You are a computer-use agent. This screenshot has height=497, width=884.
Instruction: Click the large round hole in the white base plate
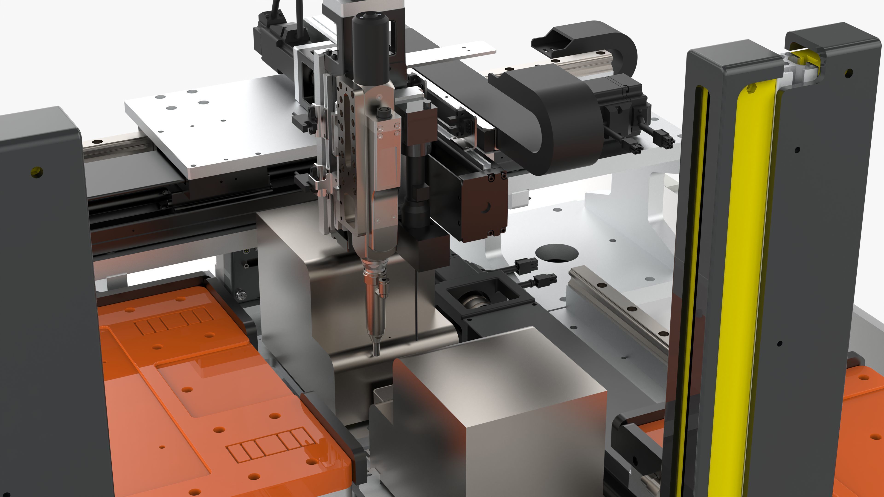coord(557,253)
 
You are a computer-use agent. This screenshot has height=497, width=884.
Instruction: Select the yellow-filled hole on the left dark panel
coord(36,171)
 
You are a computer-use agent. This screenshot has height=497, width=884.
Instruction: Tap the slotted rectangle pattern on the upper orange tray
coord(174,321)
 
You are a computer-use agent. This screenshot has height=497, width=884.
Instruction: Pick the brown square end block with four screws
coord(484,206)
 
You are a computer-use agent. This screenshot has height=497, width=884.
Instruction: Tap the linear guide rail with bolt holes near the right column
coord(618,302)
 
